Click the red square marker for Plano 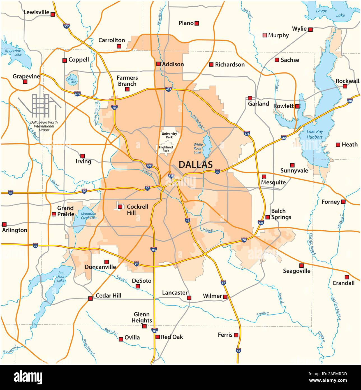[x=197, y=24]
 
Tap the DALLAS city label [x=195, y=165]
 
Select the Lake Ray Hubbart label [x=314, y=134]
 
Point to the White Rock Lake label [x=198, y=148]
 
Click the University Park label [x=169, y=136]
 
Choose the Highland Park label [x=166, y=149]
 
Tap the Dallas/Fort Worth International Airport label [x=44, y=126]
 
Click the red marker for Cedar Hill [x=90, y=298]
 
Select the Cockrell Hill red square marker [x=120, y=207]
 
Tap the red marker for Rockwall [x=345, y=86]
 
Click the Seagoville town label [x=297, y=271]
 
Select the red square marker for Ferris [x=236, y=335]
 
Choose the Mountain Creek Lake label [x=89, y=216]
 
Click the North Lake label [x=72, y=81]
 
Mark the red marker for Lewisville [x=53, y=14]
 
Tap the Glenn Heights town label [x=142, y=317]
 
